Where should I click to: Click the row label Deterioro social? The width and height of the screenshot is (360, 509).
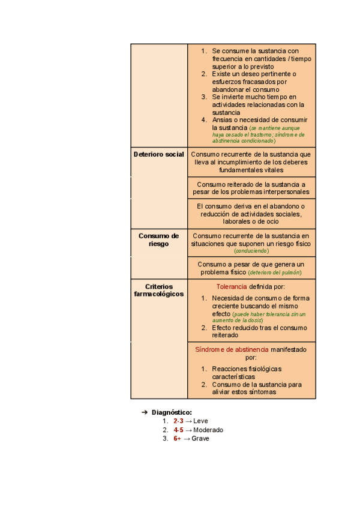158,154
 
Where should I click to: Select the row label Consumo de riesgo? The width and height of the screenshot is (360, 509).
158,240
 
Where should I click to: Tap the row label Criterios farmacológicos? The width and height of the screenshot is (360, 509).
158,291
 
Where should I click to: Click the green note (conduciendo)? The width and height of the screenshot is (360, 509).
251,251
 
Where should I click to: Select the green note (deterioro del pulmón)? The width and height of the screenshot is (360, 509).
275,273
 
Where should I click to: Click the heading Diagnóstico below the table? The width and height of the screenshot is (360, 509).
172,412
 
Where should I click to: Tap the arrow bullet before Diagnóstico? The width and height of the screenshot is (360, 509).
144,412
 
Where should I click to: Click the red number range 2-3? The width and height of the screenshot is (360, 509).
178,421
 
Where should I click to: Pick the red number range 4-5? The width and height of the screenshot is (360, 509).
178,430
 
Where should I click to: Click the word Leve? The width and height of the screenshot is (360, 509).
200,421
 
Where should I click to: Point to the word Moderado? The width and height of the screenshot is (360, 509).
208,430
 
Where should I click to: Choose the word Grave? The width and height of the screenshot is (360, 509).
200,438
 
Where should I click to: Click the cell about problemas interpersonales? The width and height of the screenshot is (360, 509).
251,188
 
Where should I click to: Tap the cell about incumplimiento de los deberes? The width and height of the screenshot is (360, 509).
251,162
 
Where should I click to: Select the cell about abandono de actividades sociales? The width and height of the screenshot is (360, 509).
251,214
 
